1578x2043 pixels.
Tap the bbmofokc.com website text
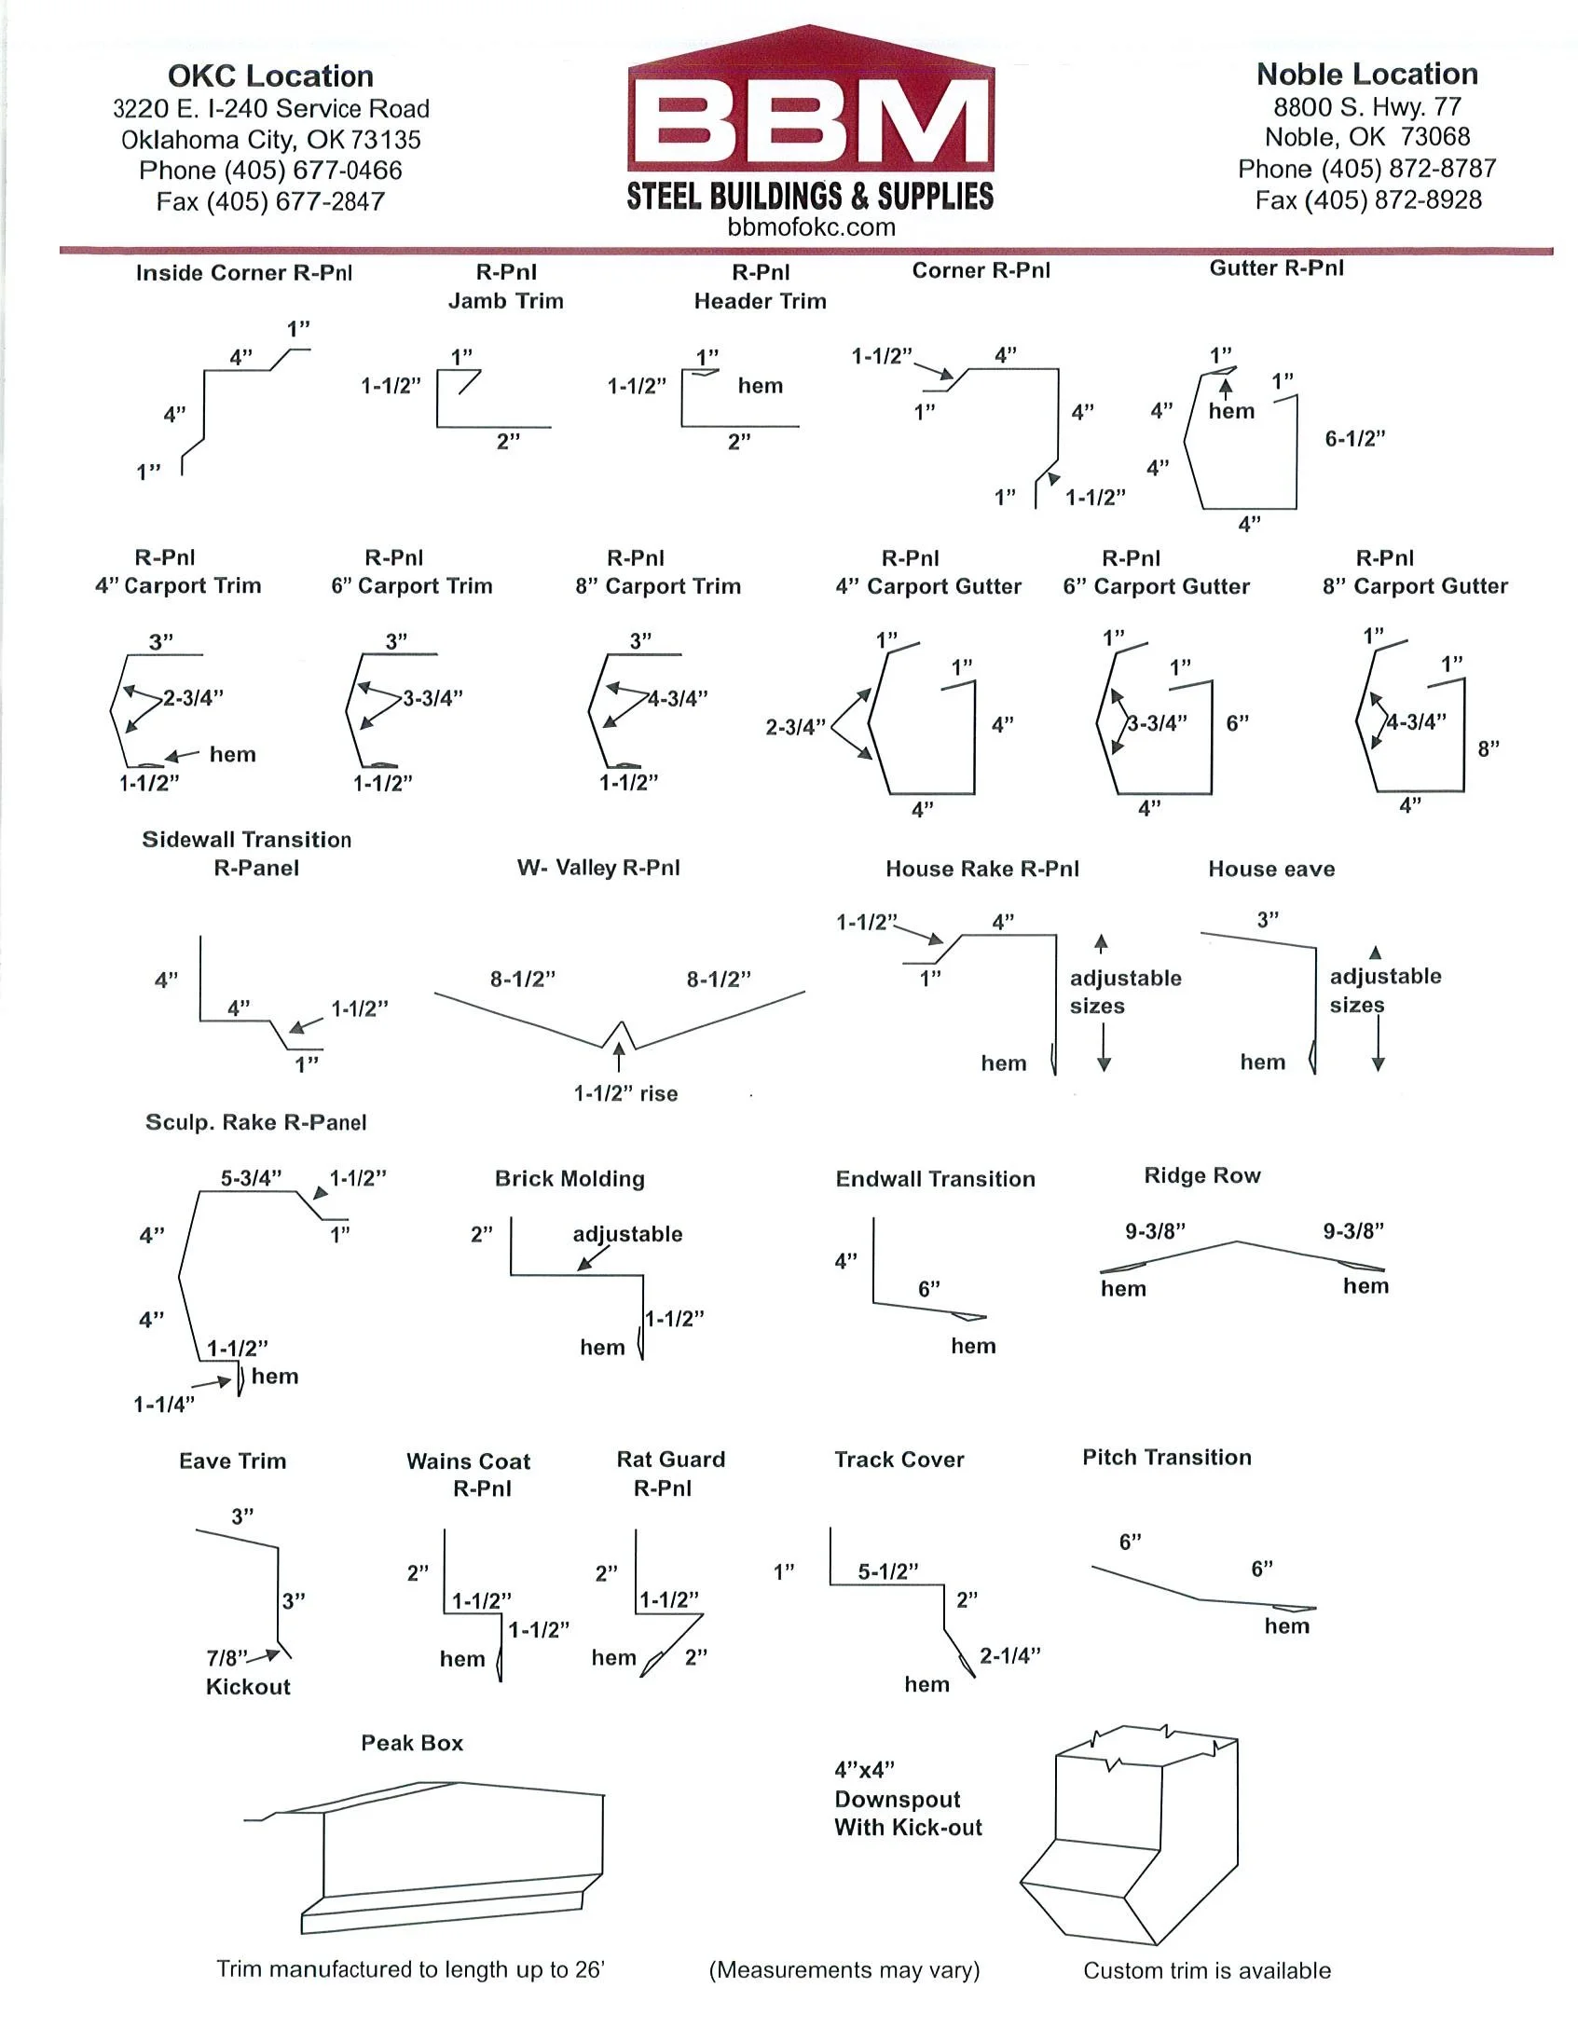(x=811, y=227)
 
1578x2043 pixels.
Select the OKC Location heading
(x=270, y=75)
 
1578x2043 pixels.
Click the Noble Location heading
(x=1366, y=74)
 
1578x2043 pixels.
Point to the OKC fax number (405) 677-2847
(x=270, y=201)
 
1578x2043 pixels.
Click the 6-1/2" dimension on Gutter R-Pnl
(x=1354, y=439)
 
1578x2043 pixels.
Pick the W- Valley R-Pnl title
(x=598, y=867)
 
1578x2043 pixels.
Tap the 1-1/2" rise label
(x=624, y=1092)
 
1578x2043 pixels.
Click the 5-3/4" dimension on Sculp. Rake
(x=251, y=1178)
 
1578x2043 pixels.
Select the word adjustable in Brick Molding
(x=627, y=1234)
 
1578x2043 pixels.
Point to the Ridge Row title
(x=1202, y=1176)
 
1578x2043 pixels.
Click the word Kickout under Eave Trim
(x=248, y=1687)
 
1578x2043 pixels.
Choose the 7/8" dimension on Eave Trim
(x=226, y=1657)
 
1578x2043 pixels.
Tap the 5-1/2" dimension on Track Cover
(x=887, y=1571)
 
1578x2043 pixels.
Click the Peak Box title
(x=412, y=1743)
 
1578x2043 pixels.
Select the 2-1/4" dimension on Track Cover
(x=1010, y=1655)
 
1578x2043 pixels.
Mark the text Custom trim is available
(x=1207, y=1970)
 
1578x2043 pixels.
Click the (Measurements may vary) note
(x=844, y=1970)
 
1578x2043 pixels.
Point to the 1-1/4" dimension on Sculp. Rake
(x=164, y=1403)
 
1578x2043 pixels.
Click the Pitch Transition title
(x=1166, y=1457)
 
